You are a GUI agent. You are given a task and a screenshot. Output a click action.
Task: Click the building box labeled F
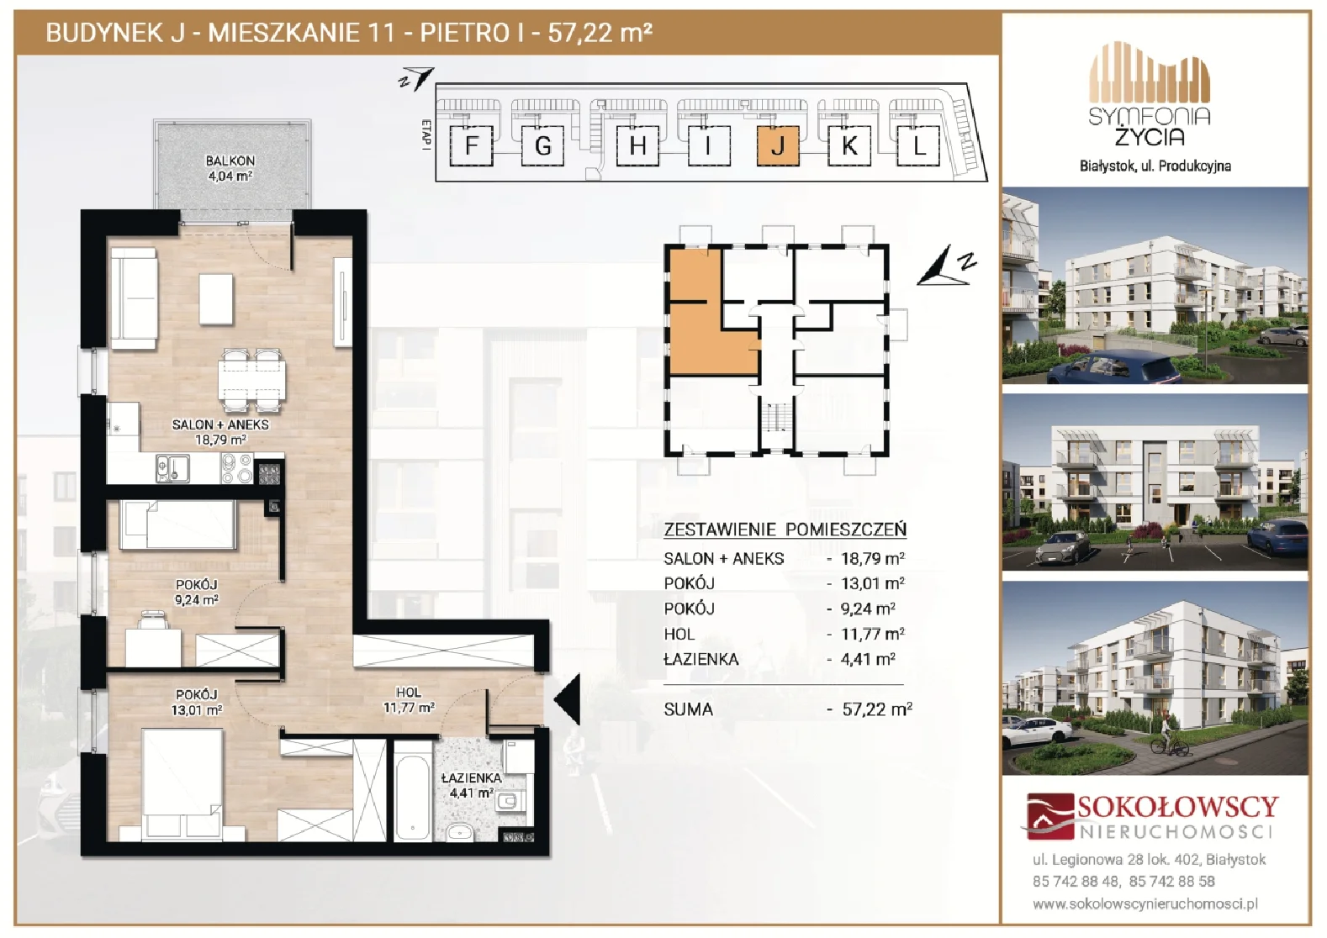(471, 145)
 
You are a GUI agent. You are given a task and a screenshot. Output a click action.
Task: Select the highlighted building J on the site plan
(778, 145)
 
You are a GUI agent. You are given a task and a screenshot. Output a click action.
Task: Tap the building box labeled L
(917, 145)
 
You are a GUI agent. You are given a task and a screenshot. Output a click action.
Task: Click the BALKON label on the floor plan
(230, 161)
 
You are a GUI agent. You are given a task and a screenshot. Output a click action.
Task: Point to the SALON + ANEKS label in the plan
(220, 424)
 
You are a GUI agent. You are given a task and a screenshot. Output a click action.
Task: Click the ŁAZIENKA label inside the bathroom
(472, 778)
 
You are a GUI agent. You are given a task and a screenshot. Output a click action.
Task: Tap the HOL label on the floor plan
(409, 693)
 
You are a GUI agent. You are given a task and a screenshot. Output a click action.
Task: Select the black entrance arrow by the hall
(568, 700)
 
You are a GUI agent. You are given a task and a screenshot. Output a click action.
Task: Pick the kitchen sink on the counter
(172, 468)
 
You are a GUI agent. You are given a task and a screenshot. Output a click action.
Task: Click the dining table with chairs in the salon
(251, 380)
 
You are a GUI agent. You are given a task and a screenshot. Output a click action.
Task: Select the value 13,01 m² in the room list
(873, 583)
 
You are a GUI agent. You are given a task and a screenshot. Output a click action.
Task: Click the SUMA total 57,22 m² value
(877, 709)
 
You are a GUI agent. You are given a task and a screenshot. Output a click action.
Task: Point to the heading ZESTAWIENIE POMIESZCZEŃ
(785, 530)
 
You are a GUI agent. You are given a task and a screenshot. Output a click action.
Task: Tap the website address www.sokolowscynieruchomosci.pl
(1145, 904)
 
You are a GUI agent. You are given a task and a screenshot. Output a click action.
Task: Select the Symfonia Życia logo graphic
(1150, 80)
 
